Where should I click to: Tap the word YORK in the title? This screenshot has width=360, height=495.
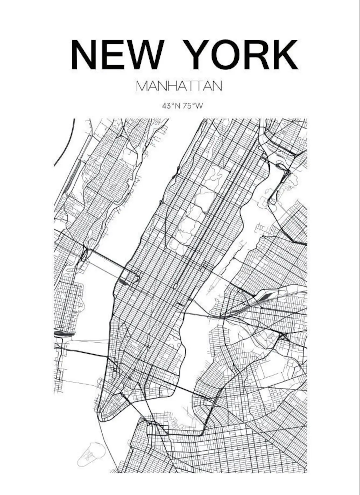[241, 55]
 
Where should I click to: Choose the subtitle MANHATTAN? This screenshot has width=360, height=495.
[179, 86]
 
